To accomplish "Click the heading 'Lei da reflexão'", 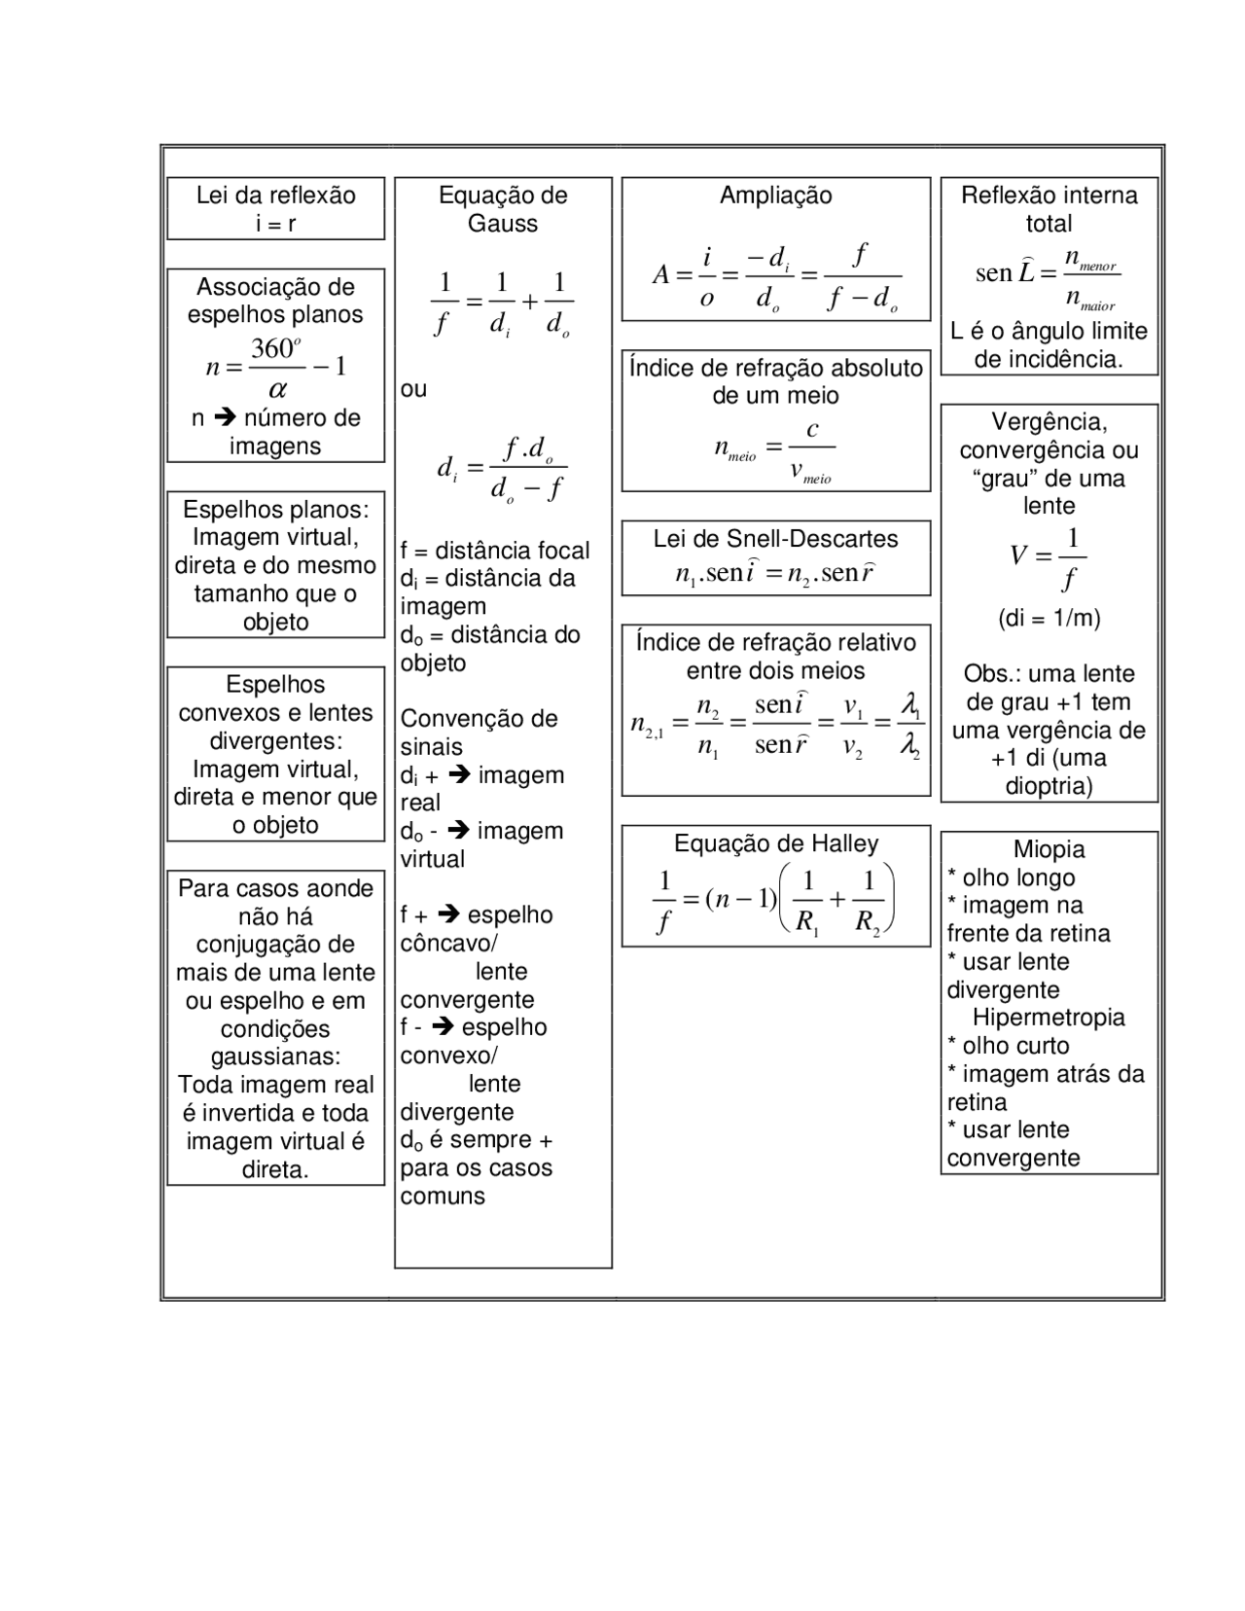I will [275, 195].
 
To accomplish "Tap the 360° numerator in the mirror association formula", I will [276, 348].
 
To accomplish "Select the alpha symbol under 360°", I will [277, 390].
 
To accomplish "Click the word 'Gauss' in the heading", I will [502, 224].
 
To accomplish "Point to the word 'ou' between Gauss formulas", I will [413, 389].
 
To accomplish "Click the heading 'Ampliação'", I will [775, 195].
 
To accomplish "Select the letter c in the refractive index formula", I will [812, 429].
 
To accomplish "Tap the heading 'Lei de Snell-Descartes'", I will [775, 539].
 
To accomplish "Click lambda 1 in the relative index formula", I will [910, 705].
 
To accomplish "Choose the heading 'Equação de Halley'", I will [775, 843].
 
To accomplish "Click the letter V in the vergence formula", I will [1018, 556].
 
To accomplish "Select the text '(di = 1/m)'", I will [1049, 619].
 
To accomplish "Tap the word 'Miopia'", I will [1049, 849].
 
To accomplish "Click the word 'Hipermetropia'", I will [1049, 1018].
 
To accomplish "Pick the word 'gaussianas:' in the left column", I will [275, 1056].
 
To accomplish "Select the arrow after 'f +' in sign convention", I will [448, 915].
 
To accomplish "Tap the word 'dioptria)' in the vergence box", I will [1049, 786].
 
